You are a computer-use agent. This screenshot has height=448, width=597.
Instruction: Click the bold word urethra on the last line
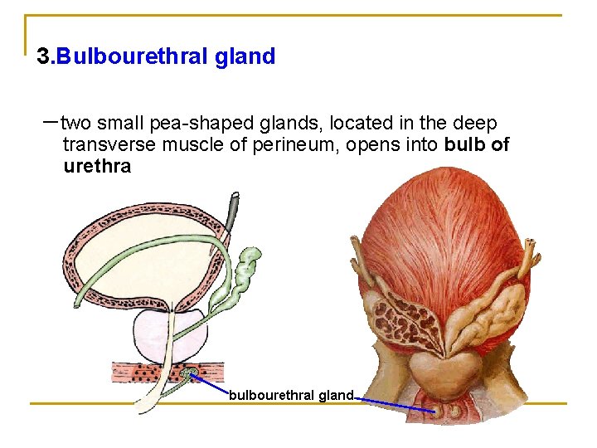click(97, 166)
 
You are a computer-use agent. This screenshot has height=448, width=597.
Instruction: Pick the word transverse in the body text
click(107, 145)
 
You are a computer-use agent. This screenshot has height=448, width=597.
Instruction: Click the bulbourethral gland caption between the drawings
click(291, 395)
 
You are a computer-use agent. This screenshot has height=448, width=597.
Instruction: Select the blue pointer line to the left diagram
click(211, 384)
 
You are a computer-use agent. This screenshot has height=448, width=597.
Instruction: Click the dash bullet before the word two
click(50, 121)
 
